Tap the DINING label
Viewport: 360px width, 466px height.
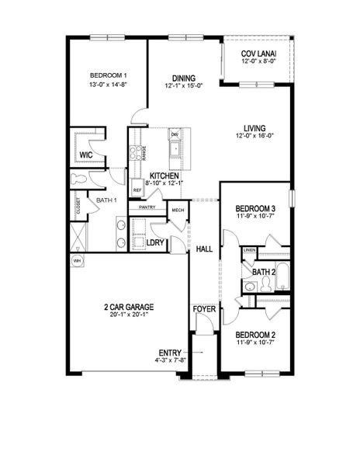click(184, 78)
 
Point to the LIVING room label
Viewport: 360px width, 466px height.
click(254, 129)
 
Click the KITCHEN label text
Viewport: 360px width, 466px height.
click(164, 176)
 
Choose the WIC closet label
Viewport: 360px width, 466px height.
click(87, 155)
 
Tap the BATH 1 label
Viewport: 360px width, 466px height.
click(106, 201)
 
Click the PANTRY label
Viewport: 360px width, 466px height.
click(147, 207)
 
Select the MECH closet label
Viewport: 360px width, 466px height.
click(178, 210)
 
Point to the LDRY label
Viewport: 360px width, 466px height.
click(155, 242)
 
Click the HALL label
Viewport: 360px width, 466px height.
click(204, 249)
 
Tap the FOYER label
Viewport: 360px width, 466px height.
click(203, 309)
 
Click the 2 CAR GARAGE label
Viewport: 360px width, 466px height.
click(125, 307)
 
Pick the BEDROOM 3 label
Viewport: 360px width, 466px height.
click(255, 208)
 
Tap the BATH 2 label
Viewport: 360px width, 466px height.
click(264, 272)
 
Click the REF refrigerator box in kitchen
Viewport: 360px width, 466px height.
click(137, 190)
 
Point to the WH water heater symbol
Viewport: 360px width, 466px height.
click(77, 261)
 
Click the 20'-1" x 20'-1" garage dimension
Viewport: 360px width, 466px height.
click(125, 316)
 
